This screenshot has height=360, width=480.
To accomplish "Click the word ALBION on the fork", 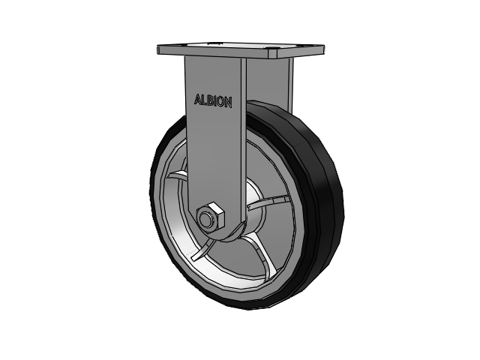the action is (x=213, y=101).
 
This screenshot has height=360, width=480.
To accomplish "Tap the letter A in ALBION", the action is (x=198, y=99).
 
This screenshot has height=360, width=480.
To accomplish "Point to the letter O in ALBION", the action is (x=220, y=102).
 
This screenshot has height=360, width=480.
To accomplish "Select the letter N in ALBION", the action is (x=229, y=103).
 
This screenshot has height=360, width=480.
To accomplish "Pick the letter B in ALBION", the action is (x=210, y=100).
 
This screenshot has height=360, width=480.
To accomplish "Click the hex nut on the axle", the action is (x=210, y=217).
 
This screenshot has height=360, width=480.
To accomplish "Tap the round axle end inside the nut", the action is (x=205, y=219).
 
